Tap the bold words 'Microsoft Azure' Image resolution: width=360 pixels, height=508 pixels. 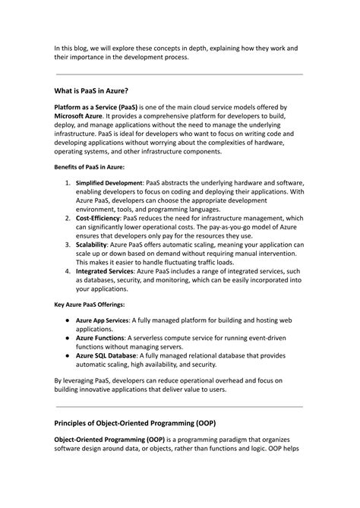[x=81, y=119]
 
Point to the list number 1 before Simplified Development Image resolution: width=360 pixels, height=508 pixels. [x=68, y=184]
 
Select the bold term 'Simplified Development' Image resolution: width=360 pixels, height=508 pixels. [x=109, y=184]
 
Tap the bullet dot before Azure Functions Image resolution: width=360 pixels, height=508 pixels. [x=68, y=337]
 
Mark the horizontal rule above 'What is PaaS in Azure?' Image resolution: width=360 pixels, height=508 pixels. [x=179, y=74]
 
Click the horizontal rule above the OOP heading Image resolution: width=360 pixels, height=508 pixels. [x=179, y=406]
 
